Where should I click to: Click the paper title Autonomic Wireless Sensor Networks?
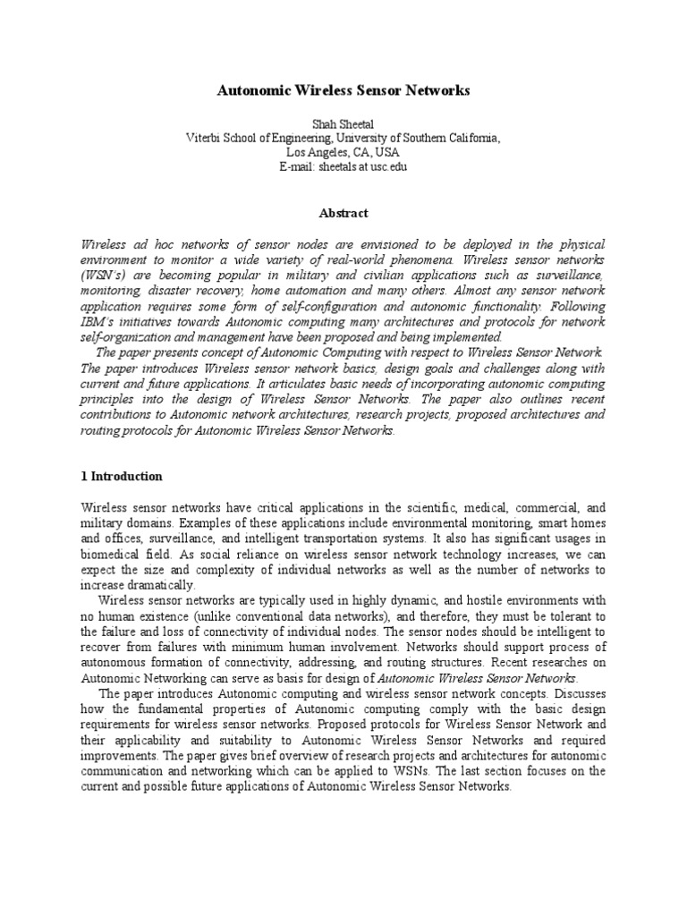[x=343, y=91]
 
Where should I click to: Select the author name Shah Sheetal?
[x=343, y=124]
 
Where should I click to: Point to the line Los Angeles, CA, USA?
[x=343, y=153]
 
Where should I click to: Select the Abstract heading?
[x=343, y=213]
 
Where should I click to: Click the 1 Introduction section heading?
[x=122, y=477]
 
